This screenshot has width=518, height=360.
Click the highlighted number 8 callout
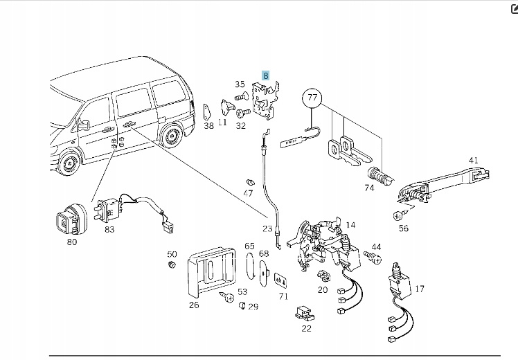(265, 75)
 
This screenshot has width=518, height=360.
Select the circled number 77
(312, 99)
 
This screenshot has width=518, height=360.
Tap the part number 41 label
(474, 161)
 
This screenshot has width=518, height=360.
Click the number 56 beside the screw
(404, 228)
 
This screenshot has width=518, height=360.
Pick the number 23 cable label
(267, 228)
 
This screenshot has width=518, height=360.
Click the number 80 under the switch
(71, 242)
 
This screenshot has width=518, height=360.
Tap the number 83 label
(109, 228)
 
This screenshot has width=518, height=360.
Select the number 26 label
(194, 303)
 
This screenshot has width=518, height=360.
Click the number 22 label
(306, 327)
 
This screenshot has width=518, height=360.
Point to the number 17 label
(420, 289)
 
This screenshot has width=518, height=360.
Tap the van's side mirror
(84, 125)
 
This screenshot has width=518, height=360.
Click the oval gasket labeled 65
(250, 269)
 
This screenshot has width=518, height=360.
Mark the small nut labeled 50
(172, 265)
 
